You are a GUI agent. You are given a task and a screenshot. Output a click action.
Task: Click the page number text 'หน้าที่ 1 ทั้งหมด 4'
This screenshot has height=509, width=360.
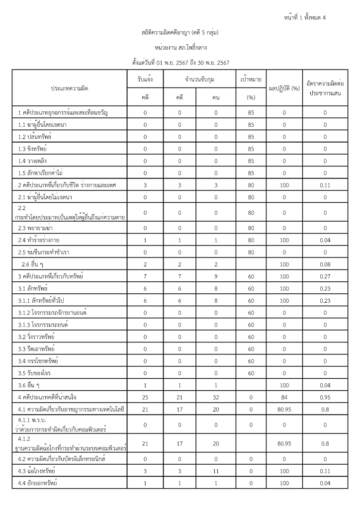point(303,18)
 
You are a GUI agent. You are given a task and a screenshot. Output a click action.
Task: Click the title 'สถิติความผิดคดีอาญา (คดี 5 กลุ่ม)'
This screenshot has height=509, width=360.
point(180,33)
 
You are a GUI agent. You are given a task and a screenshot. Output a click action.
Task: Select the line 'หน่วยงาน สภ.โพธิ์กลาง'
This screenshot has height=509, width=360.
point(180,48)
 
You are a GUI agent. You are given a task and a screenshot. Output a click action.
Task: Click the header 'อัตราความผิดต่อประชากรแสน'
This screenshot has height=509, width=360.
point(325,88)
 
